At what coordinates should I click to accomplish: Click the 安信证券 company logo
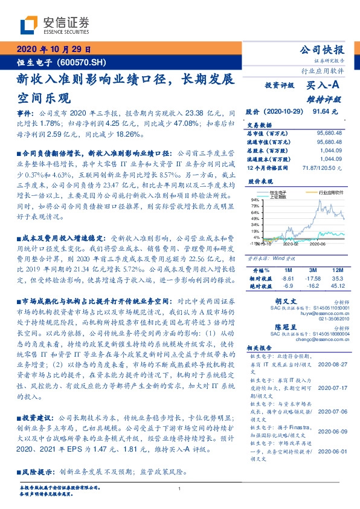click(x=55, y=25)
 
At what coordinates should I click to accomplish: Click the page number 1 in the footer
click(x=180, y=489)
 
